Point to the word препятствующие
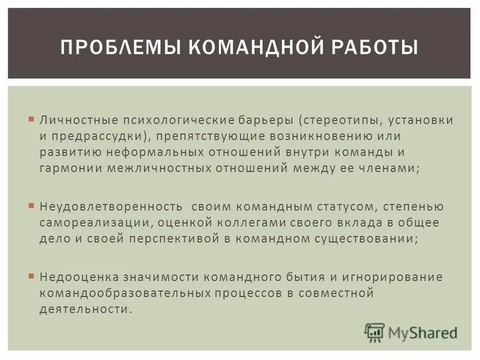(x=202, y=136)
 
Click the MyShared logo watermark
(x=411, y=332)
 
